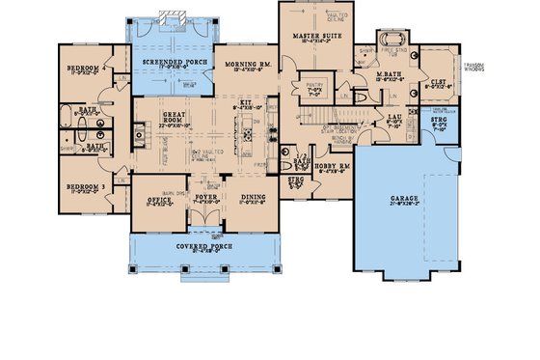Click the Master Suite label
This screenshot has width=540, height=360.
pos(312,36)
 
